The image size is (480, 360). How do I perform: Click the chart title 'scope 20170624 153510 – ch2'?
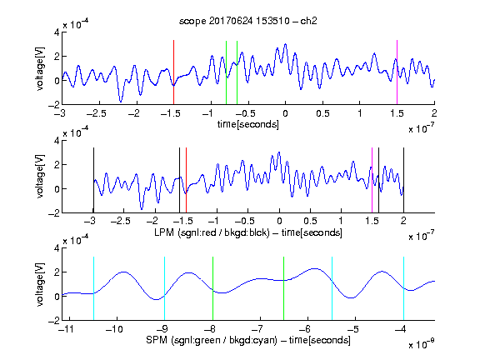pyautogui.click(x=248, y=21)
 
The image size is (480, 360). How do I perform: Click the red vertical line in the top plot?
pyautogui.click(x=173, y=72)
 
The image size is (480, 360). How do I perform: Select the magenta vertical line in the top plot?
pyautogui.click(x=397, y=72)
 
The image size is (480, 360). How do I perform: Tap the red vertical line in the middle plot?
pyautogui.click(x=186, y=180)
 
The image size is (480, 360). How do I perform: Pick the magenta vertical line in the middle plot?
pyautogui.click(x=372, y=180)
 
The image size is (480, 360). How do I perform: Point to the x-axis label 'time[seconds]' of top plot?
pyautogui.click(x=248, y=124)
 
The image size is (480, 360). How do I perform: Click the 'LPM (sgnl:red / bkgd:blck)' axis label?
pyautogui.click(x=212, y=232)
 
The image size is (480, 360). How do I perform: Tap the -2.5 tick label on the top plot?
pyautogui.click(x=97, y=113)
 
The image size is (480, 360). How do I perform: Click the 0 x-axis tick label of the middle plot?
pyautogui.click(x=279, y=221)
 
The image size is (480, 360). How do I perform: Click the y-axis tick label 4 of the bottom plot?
pyautogui.click(x=57, y=248)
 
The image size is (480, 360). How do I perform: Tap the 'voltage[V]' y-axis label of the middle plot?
pyautogui.click(x=40, y=177)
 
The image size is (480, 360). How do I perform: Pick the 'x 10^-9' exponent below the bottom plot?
pyautogui.click(x=422, y=344)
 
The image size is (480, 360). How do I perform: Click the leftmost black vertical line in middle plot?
pyautogui.click(x=93, y=180)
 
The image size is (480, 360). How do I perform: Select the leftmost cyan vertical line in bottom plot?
pyautogui.click(x=93, y=288)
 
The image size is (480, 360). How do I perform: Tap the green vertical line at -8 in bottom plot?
pyautogui.click(x=212, y=288)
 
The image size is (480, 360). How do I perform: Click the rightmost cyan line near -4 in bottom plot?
pyautogui.click(x=404, y=288)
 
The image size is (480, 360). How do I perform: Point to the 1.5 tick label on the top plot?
pyautogui.click(x=397, y=113)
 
